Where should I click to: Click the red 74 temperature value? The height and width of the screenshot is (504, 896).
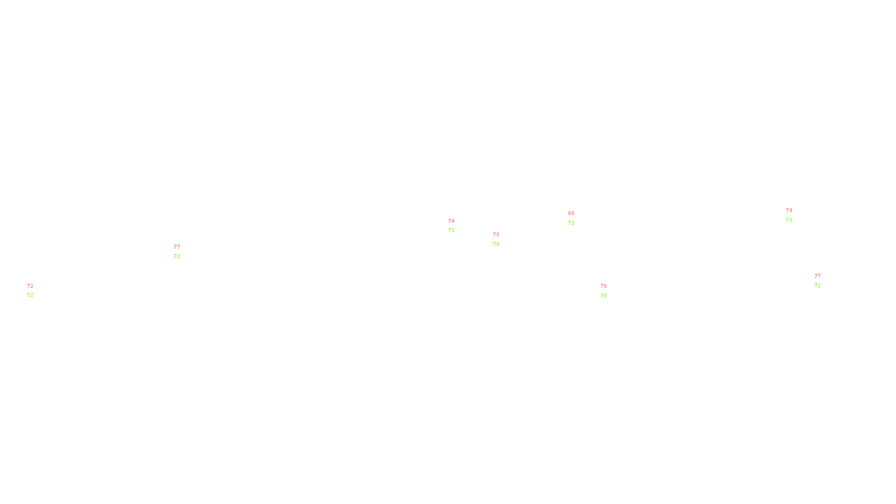pos(451,221)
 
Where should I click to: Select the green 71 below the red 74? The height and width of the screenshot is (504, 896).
pos(451,230)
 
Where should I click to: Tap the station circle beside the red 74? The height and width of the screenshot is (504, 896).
pos(456,226)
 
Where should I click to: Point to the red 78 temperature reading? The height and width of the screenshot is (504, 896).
pos(496,235)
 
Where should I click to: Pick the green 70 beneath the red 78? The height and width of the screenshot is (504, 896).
pos(496,244)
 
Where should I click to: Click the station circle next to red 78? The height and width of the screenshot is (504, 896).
pos(501,239)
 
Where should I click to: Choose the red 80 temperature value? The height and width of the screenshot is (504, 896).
pos(571,213)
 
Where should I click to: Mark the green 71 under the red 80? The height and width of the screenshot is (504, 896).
pos(571,223)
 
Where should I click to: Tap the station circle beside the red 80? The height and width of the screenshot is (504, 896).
pos(577,218)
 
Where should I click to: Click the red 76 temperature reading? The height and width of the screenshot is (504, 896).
pos(604,286)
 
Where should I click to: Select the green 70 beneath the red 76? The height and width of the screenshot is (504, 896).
pos(604,296)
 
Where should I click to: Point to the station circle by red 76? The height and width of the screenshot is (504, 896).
pos(609,291)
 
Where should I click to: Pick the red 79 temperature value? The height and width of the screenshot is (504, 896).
pos(789,211)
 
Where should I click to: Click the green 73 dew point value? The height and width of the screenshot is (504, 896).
pos(789,220)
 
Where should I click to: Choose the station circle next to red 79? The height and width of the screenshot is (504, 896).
pos(794,215)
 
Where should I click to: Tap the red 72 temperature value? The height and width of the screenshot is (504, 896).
pos(30,286)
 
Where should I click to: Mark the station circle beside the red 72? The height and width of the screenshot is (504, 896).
pos(35,291)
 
